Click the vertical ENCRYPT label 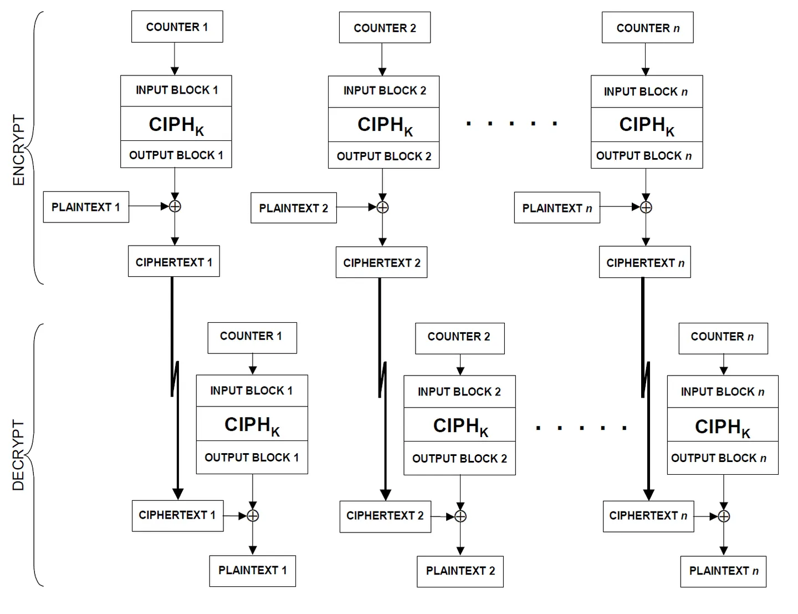click(x=18, y=150)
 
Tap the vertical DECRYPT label click(x=18, y=455)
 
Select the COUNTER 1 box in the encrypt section click(x=177, y=27)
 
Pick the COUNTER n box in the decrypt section click(x=723, y=338)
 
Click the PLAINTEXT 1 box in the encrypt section click(x=86, y=207)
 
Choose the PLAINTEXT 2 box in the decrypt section click(x=460, y=571)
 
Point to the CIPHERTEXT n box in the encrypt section click(x=645, y=262)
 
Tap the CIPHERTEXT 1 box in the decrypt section click(x=178, y=516)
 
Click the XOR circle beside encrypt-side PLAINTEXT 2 click(x=383, y=207)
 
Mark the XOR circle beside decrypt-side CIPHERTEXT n click(x=723, y=516)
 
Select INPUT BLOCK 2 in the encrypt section click(x=383, y=92)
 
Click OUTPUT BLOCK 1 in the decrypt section click(x=252, y=458)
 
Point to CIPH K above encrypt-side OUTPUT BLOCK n click(x=647, y=125)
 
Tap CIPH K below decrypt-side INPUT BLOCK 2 click(x=460, y=425)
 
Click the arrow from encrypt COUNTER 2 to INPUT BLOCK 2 click(x=382, y=59)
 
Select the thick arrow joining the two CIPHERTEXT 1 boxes click(x=175, y=388)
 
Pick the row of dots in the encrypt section click(x=511, y=124)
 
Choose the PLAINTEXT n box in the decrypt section click(x=723, y=571)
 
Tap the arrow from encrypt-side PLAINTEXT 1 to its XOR click(x=149, y=206)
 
